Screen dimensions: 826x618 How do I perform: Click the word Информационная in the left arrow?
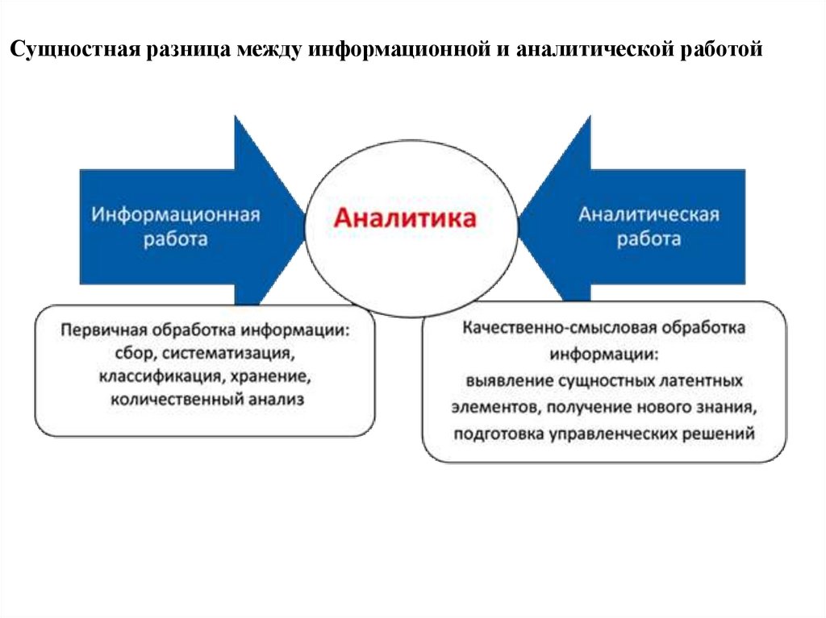(x=175, y=215)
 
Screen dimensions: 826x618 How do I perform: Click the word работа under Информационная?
(x=175, y=239)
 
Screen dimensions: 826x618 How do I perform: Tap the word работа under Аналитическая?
(x=649, y=238)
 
